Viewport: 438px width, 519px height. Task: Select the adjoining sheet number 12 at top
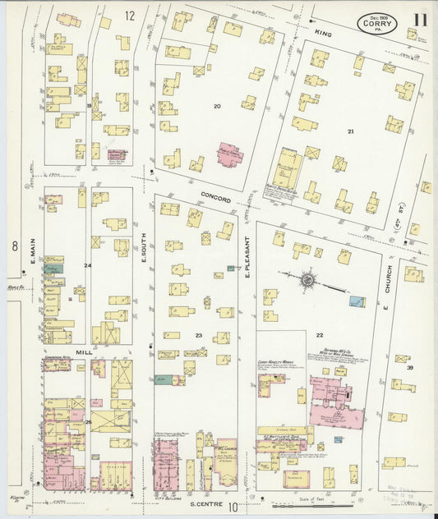130,16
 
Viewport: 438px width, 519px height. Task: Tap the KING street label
321,32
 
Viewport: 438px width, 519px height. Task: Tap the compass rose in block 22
307,281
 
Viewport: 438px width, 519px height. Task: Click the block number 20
218,107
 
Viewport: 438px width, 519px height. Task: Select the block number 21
350,131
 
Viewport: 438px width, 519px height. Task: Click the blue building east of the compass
357,301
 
